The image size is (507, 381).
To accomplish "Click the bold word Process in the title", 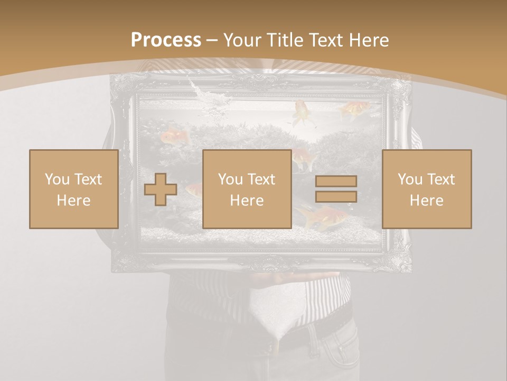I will pyautogui.click(x=166, y=40).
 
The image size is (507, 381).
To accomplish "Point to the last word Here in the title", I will pyautogui.click(x=369, y=40).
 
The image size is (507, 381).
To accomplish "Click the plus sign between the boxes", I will pyautogui.click(x=161, y=189).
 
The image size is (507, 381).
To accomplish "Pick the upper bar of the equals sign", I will pyautogui.click(x=336, y=181).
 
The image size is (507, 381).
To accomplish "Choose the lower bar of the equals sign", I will pyautogui.click(x=336, y=196).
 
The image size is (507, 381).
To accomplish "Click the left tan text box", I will pyautogui.click(x=73, y=189).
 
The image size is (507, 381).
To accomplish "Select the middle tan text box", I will pyautogui.click(x=247, y=189).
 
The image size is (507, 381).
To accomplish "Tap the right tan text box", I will pyautogui.click(x=426, y=189).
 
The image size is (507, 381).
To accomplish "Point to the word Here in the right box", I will pyautogui.click(x=426, y=201).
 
